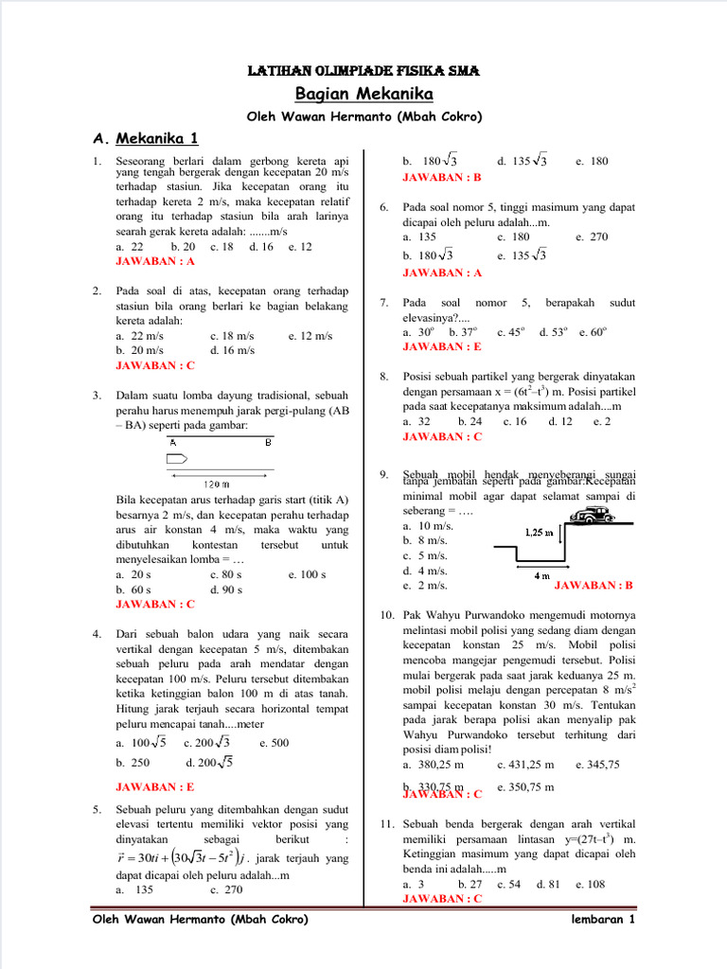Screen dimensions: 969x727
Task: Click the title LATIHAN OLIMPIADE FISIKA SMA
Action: pos(363,71)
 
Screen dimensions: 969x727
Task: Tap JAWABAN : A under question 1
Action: pos(155,260)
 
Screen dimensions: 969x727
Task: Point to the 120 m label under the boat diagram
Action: pos(218,484)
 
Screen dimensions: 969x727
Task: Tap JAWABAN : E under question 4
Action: pos(155,786)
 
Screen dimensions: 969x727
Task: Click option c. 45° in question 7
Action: pos(512,332)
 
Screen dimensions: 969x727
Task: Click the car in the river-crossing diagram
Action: pos(594,514)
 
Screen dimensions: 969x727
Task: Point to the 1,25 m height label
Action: pos(539,532)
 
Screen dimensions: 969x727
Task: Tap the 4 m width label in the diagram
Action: pos(541,575)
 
